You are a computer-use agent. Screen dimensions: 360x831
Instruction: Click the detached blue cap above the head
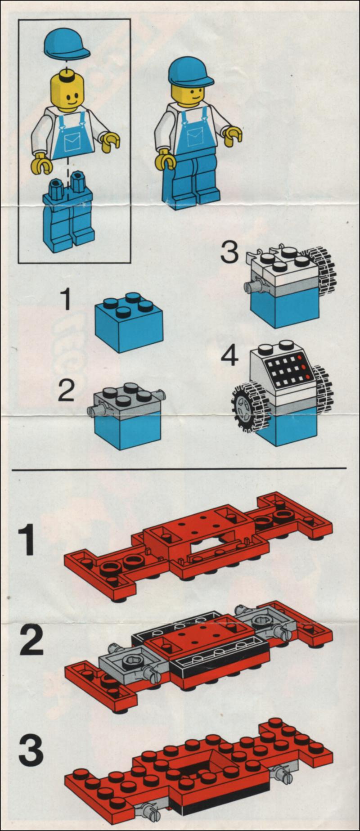click(66, 44)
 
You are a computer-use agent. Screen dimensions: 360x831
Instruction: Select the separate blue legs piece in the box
click(68, 211)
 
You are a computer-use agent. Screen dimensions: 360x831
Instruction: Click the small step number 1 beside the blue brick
click(66, 300)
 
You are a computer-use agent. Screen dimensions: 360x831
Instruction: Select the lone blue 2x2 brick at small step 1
click(129, 322)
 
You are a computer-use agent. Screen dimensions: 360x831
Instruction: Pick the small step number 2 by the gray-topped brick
click(66, 391)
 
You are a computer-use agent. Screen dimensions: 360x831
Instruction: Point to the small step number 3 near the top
click(229, 252)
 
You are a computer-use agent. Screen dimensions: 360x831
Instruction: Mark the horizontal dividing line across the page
click(180, 469)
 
